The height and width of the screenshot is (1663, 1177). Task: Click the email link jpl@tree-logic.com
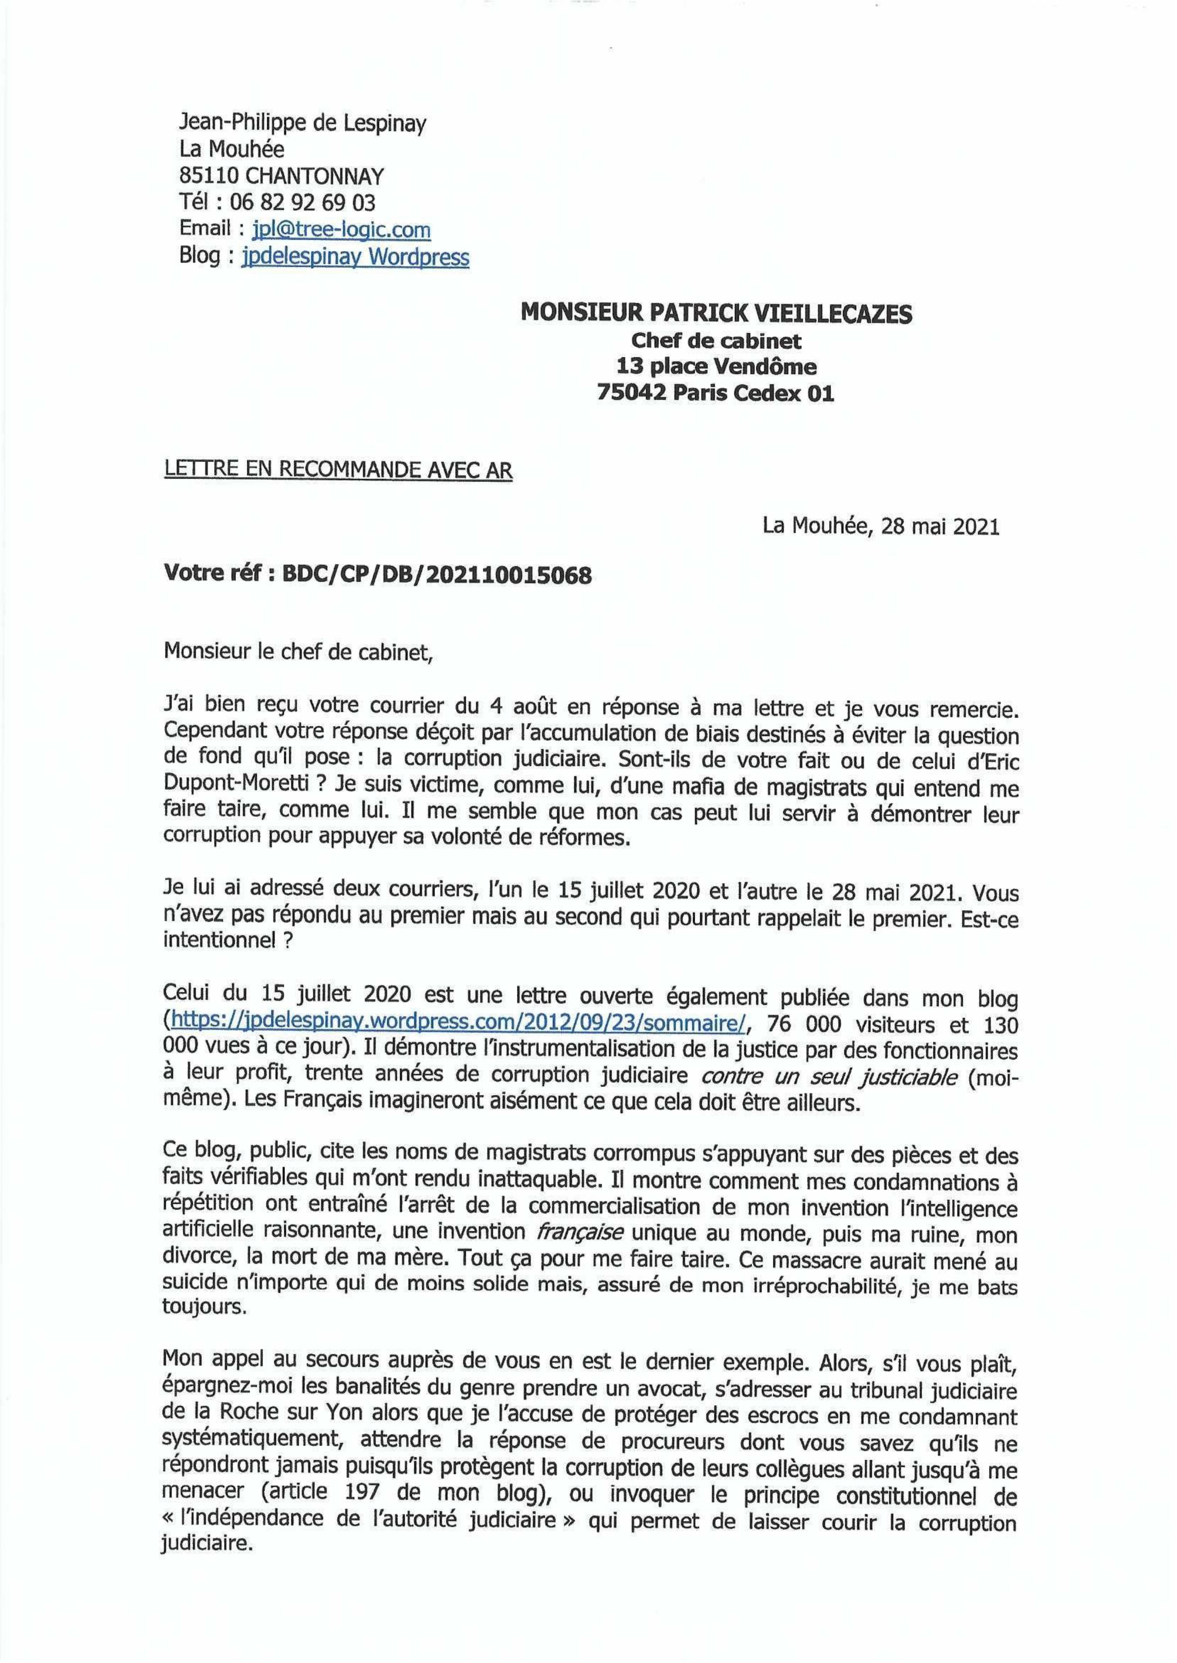click(341, 230)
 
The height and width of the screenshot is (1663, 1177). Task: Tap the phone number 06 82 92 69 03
click(302, 202)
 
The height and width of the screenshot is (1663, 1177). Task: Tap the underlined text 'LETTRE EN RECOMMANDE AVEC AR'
click(338, 471)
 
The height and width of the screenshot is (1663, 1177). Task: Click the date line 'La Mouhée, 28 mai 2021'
click(880, 527)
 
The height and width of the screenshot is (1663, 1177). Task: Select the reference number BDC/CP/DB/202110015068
click(436, 576)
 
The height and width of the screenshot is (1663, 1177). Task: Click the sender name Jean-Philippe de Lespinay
click(302, 123)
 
